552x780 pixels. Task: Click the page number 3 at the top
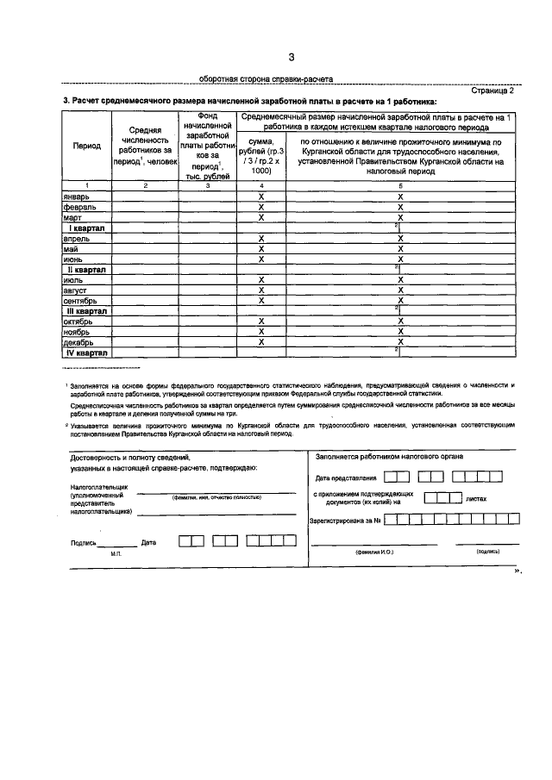292,58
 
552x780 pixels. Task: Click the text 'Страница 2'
493,90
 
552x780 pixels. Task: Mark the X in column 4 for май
260,248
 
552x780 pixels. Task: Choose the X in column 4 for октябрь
260,321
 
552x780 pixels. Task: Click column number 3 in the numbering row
207,185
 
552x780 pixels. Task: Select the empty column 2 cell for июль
145,279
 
